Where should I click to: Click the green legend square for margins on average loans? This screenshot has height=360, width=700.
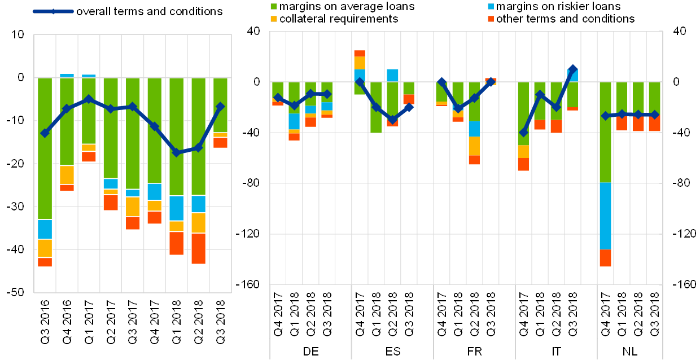click(274, 7)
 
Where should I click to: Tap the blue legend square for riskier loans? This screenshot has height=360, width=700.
click(491, 7)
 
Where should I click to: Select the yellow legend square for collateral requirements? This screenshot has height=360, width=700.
click(274, 19)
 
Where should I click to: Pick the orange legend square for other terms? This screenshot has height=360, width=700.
click(491, 19)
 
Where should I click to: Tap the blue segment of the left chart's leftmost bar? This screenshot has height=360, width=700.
click(45, 229)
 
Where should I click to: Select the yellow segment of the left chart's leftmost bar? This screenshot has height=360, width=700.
click(45, 248)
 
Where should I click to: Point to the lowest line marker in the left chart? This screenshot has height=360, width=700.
click(176, 152)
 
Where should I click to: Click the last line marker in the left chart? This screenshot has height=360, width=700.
click(220, 106)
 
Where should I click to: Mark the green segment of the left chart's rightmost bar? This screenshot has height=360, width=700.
click(220, 105)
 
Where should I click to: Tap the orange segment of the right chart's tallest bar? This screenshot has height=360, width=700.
click(605, 258)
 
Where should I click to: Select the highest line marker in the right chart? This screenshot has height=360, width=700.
click(572, 69)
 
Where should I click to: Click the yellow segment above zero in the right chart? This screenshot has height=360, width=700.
click(360, 63)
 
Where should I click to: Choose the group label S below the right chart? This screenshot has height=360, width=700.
click(397, 351)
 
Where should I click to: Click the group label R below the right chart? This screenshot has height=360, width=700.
click(479, 351)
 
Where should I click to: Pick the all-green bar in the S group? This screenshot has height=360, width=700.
click(376, 107)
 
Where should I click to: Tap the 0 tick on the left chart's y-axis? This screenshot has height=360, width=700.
click(20, 78)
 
